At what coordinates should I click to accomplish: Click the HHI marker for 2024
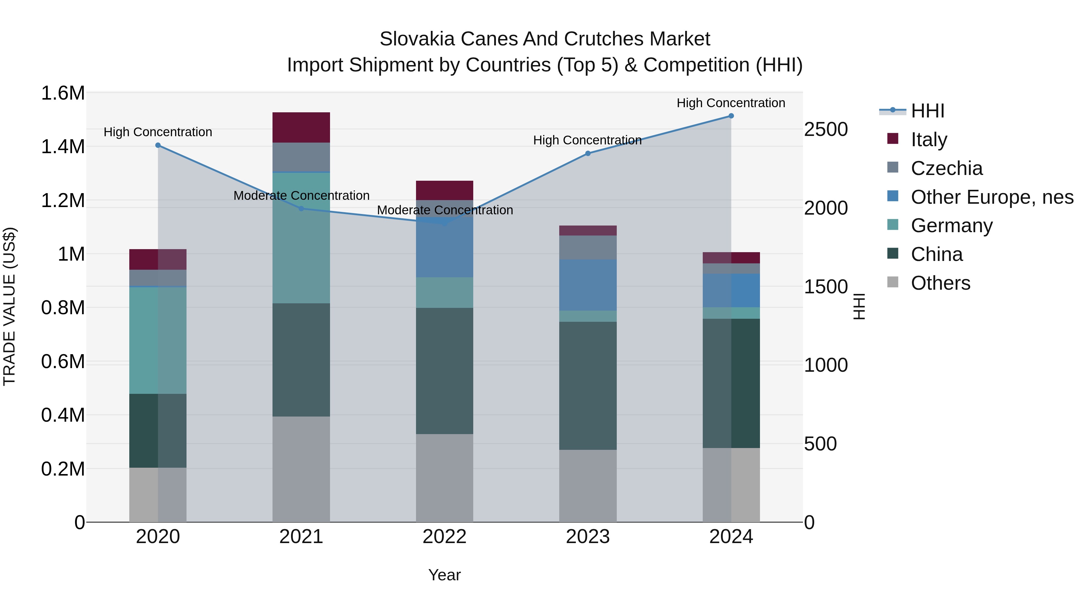click(731, 116)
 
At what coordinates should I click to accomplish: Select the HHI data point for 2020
click(158, 145)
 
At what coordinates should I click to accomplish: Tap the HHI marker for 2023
click(588, 153)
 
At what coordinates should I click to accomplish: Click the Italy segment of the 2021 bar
click(301, 127)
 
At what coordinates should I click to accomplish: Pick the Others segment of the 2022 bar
click(444, 478)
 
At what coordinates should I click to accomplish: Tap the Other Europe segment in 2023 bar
click(588, 285)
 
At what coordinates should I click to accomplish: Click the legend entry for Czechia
click(946, 168)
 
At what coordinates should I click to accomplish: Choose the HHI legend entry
click(927, 111)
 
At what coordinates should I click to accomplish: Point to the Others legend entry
click(940, 283)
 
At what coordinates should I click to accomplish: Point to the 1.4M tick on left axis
click(63, 147)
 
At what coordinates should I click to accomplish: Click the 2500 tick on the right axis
click(826, 130)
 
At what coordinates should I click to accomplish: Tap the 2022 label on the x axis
click(444, 537)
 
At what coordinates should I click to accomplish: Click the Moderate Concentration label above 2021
click(301, 196)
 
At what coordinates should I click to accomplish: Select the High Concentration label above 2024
click(731, 103)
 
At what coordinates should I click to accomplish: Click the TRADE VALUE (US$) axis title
click(9, 306)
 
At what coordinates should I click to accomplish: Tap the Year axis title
click(444, 575)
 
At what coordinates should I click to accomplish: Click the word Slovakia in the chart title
click(417, 39)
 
